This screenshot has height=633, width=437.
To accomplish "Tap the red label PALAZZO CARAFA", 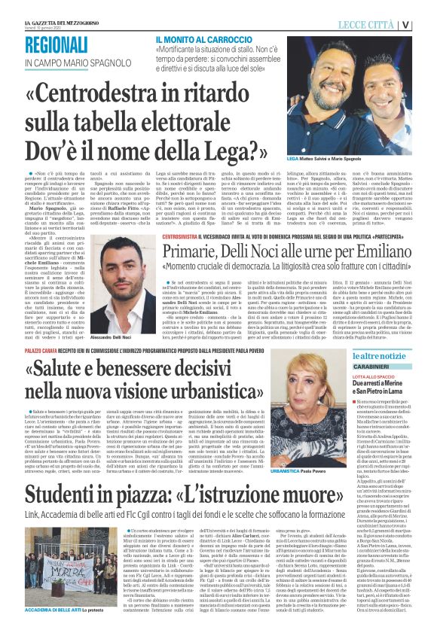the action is pos(41,351).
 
